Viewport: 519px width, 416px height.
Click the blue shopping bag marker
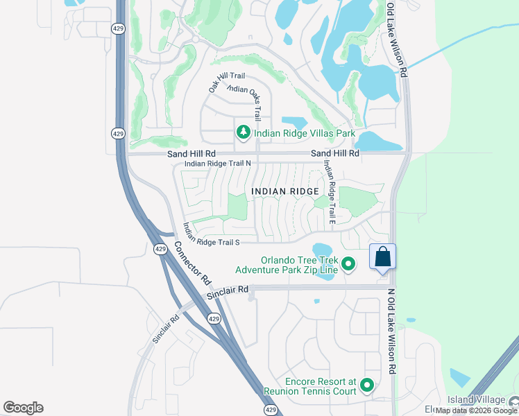point(382,257)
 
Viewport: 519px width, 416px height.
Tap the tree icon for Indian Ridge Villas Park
point(243,132)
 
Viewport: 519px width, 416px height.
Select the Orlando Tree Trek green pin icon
point(349,263)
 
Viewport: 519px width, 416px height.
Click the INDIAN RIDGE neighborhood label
point(285,191)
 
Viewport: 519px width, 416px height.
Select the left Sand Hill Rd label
point(192,153)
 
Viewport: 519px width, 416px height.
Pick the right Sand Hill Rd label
point(335,153)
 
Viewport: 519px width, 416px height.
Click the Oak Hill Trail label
point(227,82)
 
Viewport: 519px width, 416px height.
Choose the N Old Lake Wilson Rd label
point(391,331)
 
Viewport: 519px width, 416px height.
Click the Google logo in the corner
point(23,408)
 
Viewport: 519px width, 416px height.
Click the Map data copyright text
point(477,410)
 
